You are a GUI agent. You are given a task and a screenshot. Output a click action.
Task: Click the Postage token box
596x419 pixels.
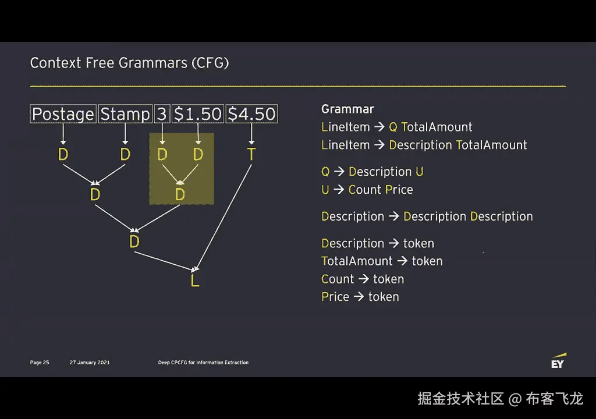tap(63, 114)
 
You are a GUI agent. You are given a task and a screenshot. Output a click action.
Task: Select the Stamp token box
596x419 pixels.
tap(125, 114)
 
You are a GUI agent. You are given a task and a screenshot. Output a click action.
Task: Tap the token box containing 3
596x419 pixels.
tap(162, 114)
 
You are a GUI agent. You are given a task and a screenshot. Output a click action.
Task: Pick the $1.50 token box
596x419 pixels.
tap(198, 114)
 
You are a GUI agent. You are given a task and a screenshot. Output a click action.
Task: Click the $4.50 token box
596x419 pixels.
tap(251, 114)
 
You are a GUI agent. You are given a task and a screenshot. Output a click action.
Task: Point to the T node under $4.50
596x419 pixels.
tap(251, 154)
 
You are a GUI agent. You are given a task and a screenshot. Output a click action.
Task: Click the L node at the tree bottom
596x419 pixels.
tap(195, 280)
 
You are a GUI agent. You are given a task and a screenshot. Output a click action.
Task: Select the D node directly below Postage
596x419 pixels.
tap(63, 154)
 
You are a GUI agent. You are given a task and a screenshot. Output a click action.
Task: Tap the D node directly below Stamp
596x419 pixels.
tap(125, 154)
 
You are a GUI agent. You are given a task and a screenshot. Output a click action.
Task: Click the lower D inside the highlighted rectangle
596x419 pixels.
tap(180, 194)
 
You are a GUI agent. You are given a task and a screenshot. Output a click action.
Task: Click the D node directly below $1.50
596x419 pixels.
tap(198, 154)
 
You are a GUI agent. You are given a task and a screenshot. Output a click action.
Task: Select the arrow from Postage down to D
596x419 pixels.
tap(63, 134)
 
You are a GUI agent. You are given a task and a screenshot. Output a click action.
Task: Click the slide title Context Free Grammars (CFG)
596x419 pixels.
tap(129, 63)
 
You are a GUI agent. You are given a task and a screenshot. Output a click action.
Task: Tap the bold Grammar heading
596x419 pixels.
tap(347, 109)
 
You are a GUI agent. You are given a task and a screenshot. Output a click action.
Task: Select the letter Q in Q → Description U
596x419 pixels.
tap(325, 172)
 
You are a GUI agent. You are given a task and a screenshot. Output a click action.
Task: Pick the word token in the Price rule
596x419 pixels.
tap(384, 297)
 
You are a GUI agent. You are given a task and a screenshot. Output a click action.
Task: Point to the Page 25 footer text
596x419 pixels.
tap(40, 363)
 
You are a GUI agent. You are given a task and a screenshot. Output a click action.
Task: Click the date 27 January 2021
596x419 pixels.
tap(90, 363)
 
